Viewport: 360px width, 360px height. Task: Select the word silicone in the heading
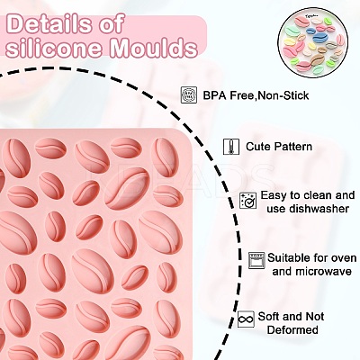coord(54,48)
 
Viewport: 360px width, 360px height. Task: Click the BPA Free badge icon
coord(189,95)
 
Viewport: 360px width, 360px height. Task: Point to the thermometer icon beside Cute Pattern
coord(231,147)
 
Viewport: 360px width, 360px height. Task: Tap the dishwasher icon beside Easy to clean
coord(248,201)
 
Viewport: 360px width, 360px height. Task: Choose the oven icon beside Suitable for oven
coord(256,260)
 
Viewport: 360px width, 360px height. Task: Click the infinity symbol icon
coord(246,319)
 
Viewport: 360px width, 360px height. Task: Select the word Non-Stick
coord(283,95)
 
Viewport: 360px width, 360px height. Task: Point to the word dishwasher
coord(319,209)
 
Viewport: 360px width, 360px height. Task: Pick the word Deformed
coord(292,329)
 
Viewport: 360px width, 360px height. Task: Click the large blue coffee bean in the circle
coord(321,38)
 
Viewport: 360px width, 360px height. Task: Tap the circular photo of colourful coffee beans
coord(313,43)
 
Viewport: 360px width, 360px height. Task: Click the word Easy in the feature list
coord(274,196)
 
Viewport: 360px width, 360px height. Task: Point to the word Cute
coord(258,147)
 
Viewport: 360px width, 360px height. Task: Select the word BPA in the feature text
coord(215,95)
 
